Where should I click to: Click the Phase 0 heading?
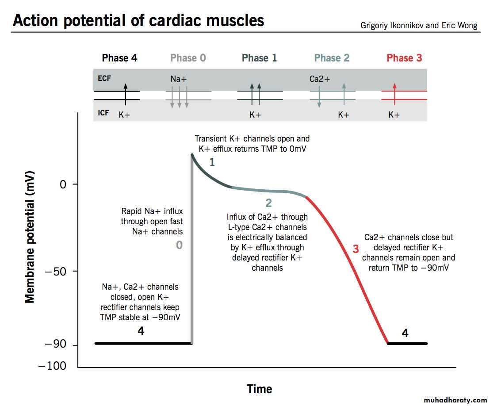pyautogui.click(x=188, y=58)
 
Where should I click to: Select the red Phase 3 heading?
pyautogui.click(x=404, y=58)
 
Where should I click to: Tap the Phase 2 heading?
pyautogui.click(x=332, y=58)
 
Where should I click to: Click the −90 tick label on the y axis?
pyautogui.click(x=56, y=345)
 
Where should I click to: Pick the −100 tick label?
pyautogui.click(x=52, y=366)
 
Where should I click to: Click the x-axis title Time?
pyautogui.click(x=260, y=389)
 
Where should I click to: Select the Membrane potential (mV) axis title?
pyautogui.click(x=30, y=234)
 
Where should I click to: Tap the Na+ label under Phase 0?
pyautogui.click(x=179, y=80)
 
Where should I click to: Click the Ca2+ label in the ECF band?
pyautogui.click(x=320, y=80)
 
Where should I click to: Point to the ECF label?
pyautogui.click(x=104, y=78)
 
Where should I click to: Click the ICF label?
pyautogui.click(x=103, y=113)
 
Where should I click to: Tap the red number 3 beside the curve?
pyautogui.click(x=356, y=249)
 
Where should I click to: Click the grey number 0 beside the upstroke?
pyautogui.click(x=179, y=245)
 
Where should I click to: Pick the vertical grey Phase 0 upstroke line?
pyautogui.click(x=192, y=265)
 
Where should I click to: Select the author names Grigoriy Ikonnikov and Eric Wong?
pyautogui.click(x=419, y=25)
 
